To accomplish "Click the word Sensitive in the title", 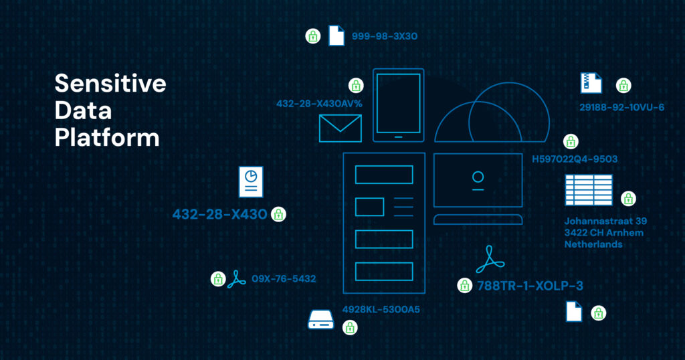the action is pos(110,83).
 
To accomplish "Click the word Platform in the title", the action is pos(107,137).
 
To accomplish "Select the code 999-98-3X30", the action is pos(385,36).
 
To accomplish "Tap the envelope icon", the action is pos(340,128).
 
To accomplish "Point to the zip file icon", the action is pos(591,83).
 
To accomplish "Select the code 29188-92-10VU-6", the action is pos(621,108).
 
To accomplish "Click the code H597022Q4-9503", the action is pos(575,159).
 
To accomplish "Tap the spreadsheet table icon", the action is pos(589,190).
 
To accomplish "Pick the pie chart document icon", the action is pos(251,182).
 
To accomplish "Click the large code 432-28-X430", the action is pos(219,214).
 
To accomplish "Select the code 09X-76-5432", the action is pos(284,279).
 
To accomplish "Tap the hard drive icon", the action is pos(320,320).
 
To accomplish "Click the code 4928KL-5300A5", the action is pos(381,310).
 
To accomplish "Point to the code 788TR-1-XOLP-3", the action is pos(530,286).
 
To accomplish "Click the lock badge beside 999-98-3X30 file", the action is pos(313,36).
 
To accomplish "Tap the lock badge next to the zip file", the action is pos(623,85).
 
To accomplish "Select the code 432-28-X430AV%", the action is pos(319,104).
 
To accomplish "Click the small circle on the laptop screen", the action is pos(478,177).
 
